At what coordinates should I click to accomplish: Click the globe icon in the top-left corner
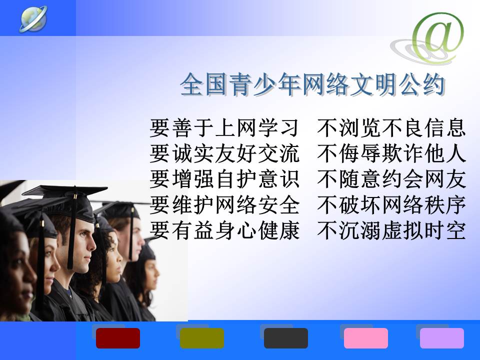coord(33,18)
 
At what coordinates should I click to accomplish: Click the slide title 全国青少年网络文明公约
coord(312,84)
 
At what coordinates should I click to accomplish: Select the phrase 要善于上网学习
coord(224,127)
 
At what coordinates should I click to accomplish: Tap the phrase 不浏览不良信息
coord(391,127)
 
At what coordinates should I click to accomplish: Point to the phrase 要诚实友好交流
coord(224,153)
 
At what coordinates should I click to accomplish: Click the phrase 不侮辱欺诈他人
coord(391,153)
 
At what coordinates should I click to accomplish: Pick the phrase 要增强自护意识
coord(224,179)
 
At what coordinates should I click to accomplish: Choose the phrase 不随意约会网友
coord(391,179)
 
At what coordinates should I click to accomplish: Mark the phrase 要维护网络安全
coord(224,205)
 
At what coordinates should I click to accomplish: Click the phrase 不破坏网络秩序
coord(391,205)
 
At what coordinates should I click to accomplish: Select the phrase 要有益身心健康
coord(224,230)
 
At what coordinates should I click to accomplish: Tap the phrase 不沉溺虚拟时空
coord(391,230)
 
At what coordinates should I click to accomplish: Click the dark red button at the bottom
coord(118,338)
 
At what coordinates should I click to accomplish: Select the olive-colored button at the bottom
coord(201,338)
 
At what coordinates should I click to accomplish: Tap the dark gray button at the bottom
coord(286,338)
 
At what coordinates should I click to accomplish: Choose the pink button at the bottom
coord(366,338)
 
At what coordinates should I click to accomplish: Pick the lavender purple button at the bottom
coord(441,338)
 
